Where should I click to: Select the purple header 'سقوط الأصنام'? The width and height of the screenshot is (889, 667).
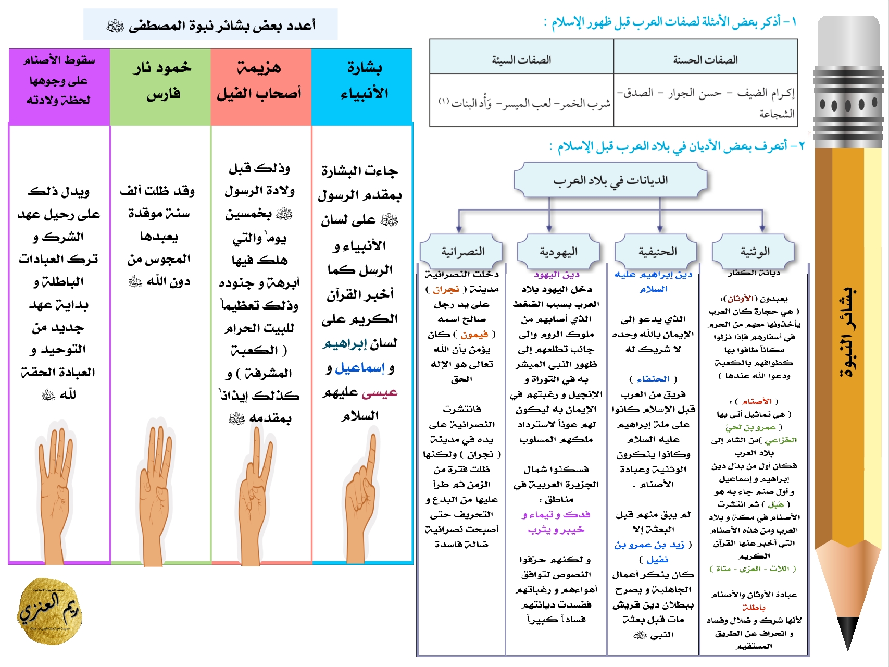[x=59, y=81]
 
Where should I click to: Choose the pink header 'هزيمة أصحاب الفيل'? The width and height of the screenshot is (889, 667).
[x=260, y=81]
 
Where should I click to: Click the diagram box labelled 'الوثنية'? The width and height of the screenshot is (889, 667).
[x=754, y=252]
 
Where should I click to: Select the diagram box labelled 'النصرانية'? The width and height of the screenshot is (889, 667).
[x=462, y=252]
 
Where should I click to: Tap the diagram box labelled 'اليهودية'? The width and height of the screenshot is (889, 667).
[x=558, y=252]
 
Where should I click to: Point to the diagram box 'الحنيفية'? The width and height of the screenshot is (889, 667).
[x=657, y=252]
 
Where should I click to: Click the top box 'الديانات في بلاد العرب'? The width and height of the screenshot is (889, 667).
[x=610, y=180]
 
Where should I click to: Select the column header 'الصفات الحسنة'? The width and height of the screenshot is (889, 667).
[x=705, y=60]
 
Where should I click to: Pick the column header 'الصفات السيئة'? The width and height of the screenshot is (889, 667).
[x=521, y=60]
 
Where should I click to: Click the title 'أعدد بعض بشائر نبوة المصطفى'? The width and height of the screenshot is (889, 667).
[x=211, y=25]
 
